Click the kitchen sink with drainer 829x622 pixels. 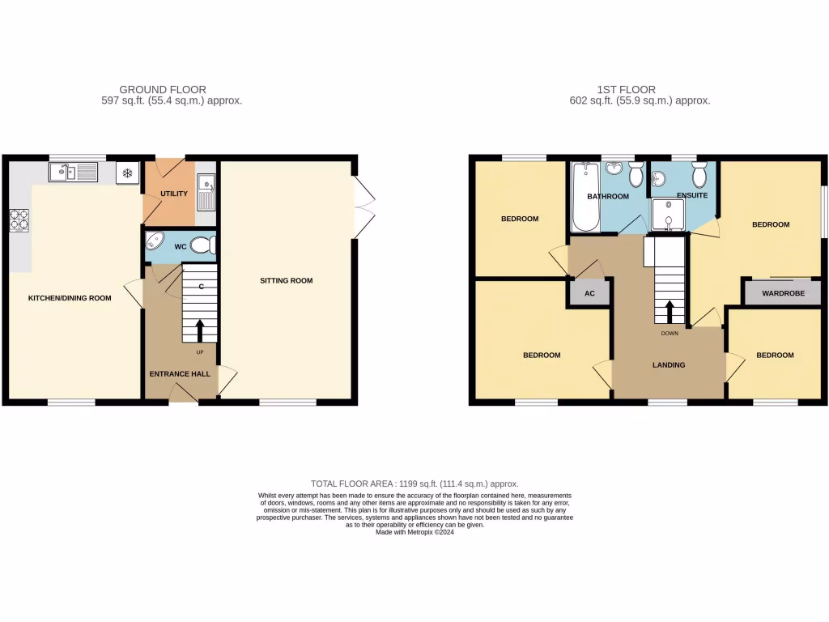(x=73, y=172)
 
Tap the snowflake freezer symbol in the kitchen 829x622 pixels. (x=127, y=173)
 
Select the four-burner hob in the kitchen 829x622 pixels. (x=19, y=220)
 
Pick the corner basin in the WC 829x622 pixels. (x=155, y=242)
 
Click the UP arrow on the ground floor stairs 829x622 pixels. (x=199, y=329)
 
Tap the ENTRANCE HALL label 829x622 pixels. (x=180, y=374)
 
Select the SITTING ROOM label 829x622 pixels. (x=286, y=281)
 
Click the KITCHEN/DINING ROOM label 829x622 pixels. (x=70, y=298)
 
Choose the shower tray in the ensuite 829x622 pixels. (x=668, y=216)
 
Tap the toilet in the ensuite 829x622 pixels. (x=699, y=173)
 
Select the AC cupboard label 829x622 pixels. (x=590, y=293)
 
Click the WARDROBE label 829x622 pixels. (x=783, y=293)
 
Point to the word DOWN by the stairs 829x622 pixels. (x=670, y=333)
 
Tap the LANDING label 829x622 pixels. (x=669, y=365)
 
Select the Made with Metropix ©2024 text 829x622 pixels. (x=414, y=532)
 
